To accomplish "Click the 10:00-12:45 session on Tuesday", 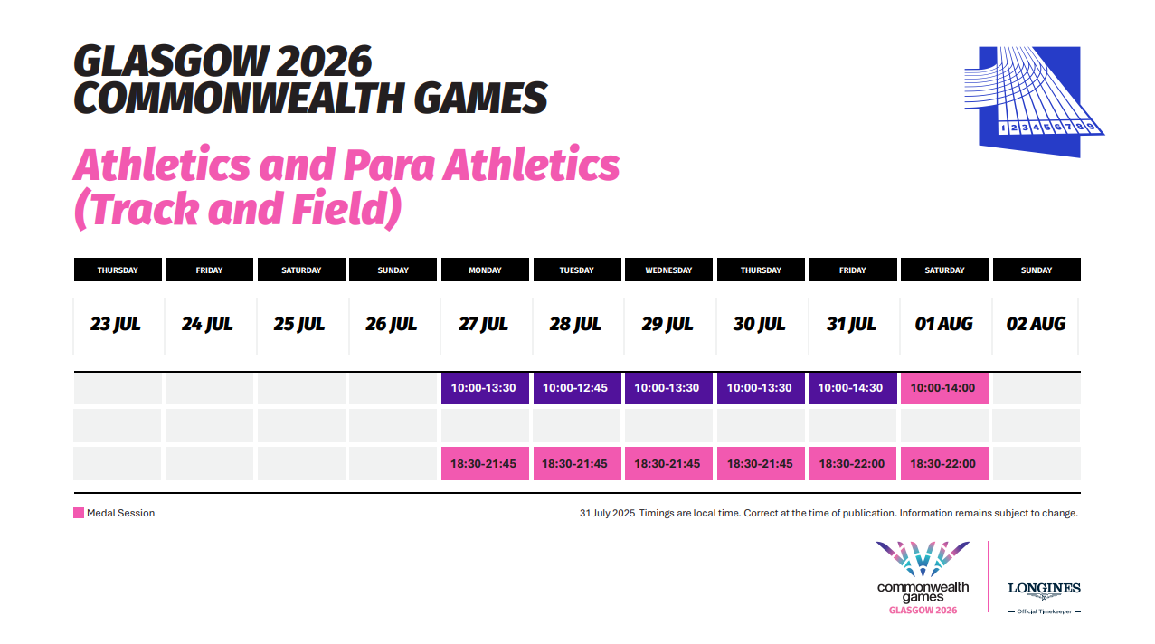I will [x=576, y=388].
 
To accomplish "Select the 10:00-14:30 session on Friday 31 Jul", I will [x=852, y=388].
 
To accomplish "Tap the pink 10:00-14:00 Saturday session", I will [x=943, y=388].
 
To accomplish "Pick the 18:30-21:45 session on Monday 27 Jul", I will [x=484, y=464].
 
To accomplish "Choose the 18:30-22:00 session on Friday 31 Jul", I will [x=852, y=464].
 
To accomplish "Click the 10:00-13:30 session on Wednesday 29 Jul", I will [x=667, y=388].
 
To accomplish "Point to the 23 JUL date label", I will [x=116, y=324].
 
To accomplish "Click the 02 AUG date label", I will [x=1036, y=324].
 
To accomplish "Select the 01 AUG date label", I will [x=943, y=324].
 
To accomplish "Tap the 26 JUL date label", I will [x=392, y=324].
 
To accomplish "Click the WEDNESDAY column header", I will [x=668, y=270].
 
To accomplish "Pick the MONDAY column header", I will [x=485, y=270].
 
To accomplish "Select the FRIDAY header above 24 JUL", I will [x=209, y=270].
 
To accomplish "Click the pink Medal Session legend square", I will [x=79, y=513].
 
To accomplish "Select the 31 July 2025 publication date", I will [x=607, y=513].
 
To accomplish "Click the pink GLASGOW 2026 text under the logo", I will [x=923, y=611].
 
